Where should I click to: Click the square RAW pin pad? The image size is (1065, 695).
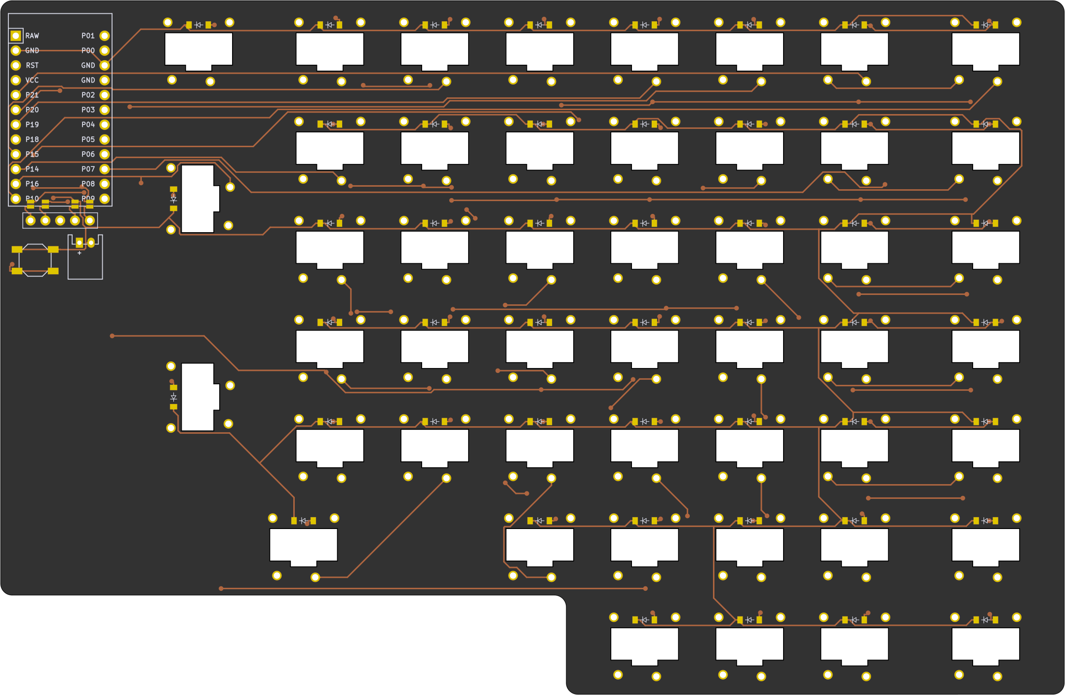(16, 36)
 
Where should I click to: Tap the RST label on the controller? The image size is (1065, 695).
(32, 65)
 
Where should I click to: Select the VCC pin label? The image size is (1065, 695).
(32, 80)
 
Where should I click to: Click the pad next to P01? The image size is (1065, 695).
(105, 36)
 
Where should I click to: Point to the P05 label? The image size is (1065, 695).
(88, 139)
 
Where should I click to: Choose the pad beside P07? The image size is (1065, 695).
(105, 169)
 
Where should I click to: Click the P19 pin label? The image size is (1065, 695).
(32, 124)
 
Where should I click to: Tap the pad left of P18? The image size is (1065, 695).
(16, 139)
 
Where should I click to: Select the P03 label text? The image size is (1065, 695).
(88, 110)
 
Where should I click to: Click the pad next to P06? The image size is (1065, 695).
(105, 154)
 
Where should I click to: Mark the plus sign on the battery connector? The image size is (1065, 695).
(79, 253)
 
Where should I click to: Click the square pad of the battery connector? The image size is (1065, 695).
(79, 243)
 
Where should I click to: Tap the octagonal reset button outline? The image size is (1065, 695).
(35, 260)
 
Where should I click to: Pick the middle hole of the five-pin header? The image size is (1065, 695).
(60, 220)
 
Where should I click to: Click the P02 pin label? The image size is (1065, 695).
(88, 95)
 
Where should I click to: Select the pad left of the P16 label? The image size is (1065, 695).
(16, 184)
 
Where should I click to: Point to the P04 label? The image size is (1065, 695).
(88, 124)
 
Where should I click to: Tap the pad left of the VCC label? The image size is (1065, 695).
(16, 80)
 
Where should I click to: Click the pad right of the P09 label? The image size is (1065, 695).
(105, 199)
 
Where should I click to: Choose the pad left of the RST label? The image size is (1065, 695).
(16, 65)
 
